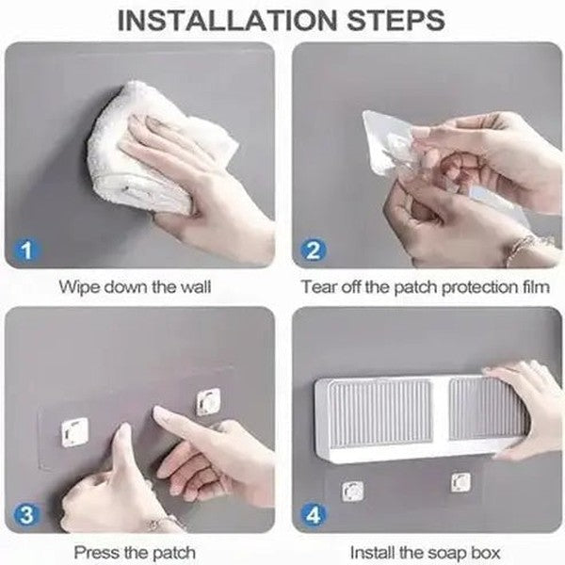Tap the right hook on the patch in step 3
[208, 401]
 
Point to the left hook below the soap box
[352, 491]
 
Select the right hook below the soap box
[460, 483]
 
